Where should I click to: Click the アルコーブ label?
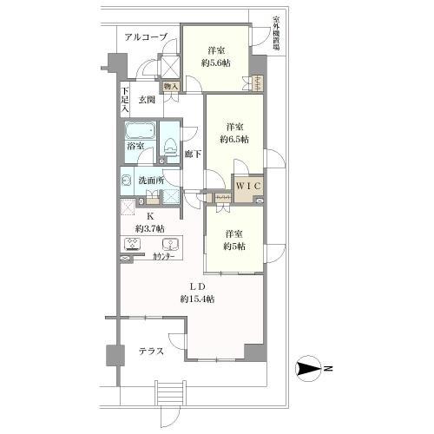(146, 36)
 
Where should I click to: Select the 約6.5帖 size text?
(233, 139)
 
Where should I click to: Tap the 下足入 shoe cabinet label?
(125, 102)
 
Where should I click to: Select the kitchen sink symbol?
(170, 243)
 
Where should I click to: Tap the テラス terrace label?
(153, 352)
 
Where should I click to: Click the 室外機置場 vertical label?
(275, 36)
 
